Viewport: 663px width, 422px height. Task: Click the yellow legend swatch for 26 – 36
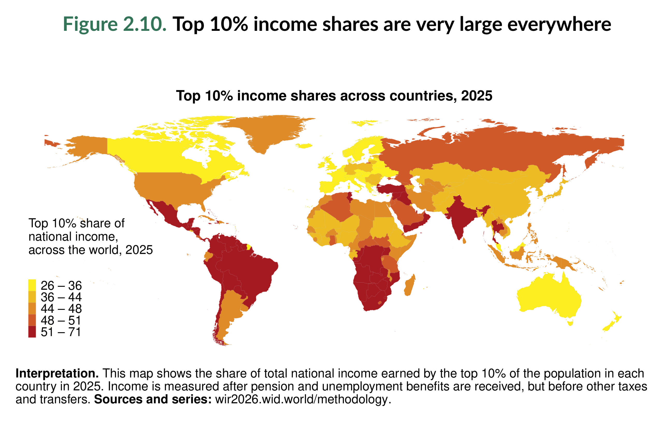click(x=32, y=285)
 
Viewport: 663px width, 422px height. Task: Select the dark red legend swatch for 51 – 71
click(x=32, y=332)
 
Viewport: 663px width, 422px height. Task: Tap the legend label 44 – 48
click(x=61, y=309)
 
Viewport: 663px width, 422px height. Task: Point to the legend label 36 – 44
click(x=61, y=297)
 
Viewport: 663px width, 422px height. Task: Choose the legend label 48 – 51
click(x=61, y=320)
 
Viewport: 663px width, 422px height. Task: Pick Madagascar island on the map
click(x=410, y=287)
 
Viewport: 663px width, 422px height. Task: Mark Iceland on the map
click(x=305, y=146)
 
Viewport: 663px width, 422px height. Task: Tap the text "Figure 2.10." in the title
click(x=114, y=24)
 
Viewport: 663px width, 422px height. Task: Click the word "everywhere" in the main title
click(x=559, y=24)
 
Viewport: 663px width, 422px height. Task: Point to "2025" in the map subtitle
click(x=477, y=96)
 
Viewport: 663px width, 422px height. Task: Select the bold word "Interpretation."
click(x=57, y=374)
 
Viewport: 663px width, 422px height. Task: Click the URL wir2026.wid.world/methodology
click(x=303, y=399)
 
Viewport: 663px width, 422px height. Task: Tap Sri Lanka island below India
click(x=464, y=241)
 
